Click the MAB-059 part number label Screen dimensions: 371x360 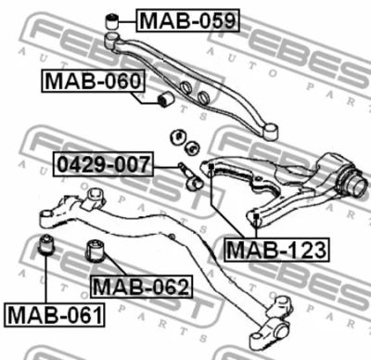(187, 20)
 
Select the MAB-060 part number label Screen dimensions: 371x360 (93, 81)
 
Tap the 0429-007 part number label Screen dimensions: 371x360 (103, 164)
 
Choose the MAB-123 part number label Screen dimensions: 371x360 (277, 250)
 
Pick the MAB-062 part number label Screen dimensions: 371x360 (141, 287)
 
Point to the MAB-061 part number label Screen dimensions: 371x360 (55, 315)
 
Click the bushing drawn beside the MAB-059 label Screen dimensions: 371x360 (111, 21)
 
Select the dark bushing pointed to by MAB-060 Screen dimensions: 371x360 (165, 99)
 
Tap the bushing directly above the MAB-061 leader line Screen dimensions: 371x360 (45, 245)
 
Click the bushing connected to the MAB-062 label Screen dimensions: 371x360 (96, 251)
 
